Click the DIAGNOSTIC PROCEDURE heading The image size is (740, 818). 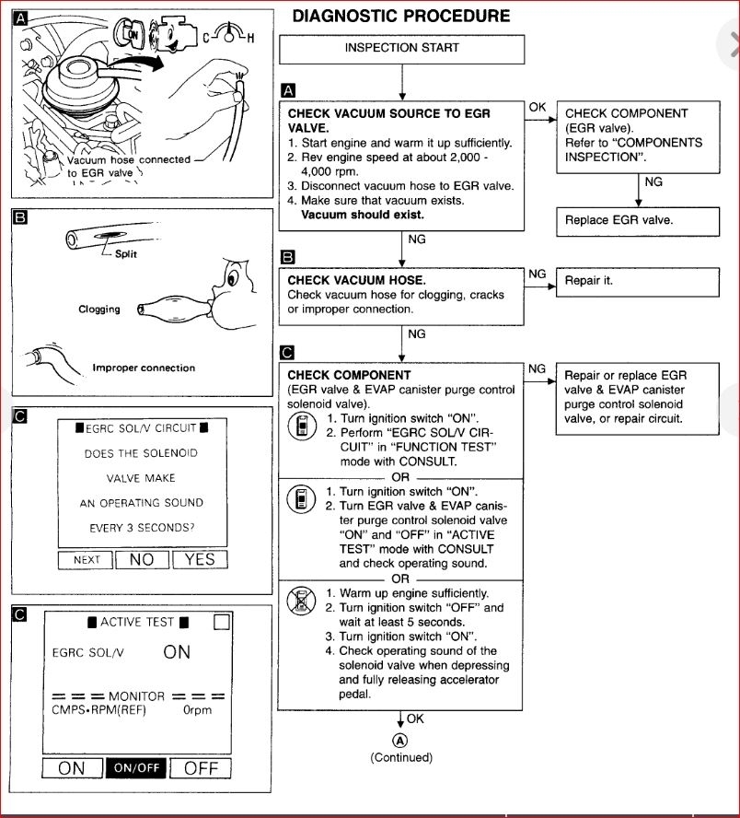pos(400,16)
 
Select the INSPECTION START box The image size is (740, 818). pos(401,49)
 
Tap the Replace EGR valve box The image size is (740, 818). pos(638,220)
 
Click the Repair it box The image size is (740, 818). pos(638,280)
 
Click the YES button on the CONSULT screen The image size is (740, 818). pos(200,559)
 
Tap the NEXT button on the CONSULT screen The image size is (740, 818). pos(86,560)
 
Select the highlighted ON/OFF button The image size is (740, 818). pos(136,768)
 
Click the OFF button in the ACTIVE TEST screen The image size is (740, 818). pos(200,768)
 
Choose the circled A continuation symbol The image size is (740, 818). pos(400,740)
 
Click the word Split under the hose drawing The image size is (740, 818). pos(126,254)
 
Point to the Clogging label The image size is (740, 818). pos(99,310)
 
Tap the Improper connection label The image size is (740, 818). pos(144,368)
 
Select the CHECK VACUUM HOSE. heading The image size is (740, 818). pos(344,279)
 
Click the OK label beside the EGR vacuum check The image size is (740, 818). pos(538,107)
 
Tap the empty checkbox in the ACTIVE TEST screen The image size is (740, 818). pos(221,622)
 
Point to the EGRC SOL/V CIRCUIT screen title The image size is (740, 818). pos(142,428)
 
